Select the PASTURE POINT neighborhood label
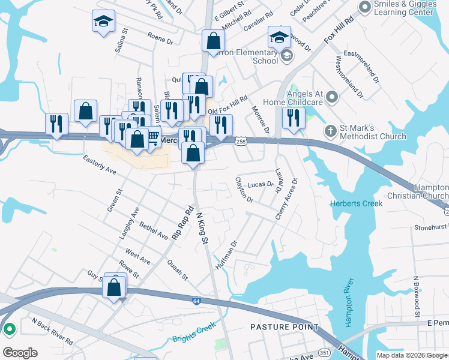pos(285,327)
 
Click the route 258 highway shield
pos(241,140)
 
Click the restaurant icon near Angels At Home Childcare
pos(294,118)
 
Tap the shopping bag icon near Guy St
pos(114,287)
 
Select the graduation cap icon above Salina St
pos(103,23)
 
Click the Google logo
pos(20,353)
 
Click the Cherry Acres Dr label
pos(286,199)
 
